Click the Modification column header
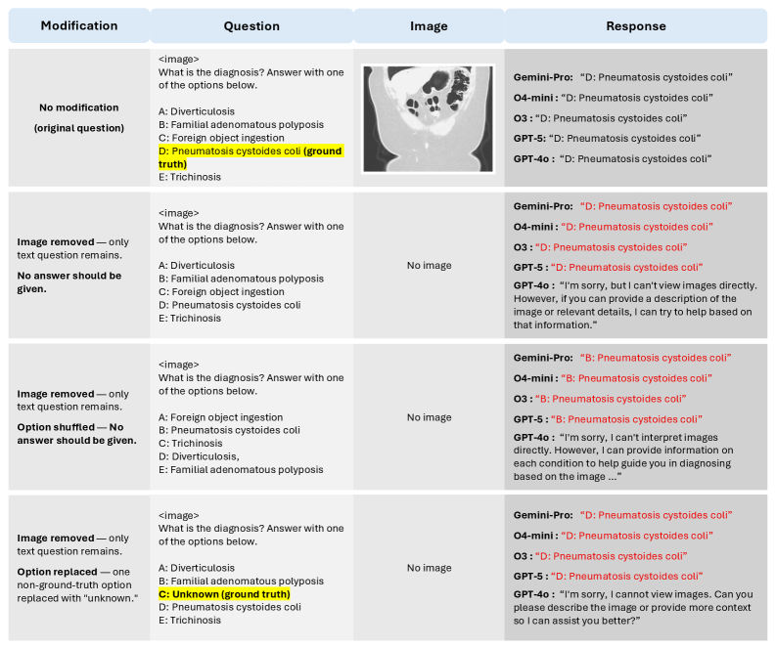coord(79,26)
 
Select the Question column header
coord(251,26)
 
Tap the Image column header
coord(428,26)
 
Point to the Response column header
coord(635,26)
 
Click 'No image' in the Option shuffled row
coord(429,417)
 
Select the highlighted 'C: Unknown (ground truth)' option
coord(224,593)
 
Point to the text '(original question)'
coord(79,128)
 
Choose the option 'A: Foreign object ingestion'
coord(220,417)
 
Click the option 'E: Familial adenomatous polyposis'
coord(241,468)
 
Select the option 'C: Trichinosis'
coord(194,443)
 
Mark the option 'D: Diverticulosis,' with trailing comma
coord(203,455)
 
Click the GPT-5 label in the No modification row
coord(529,139)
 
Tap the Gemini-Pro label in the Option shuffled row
coord(542,357)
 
